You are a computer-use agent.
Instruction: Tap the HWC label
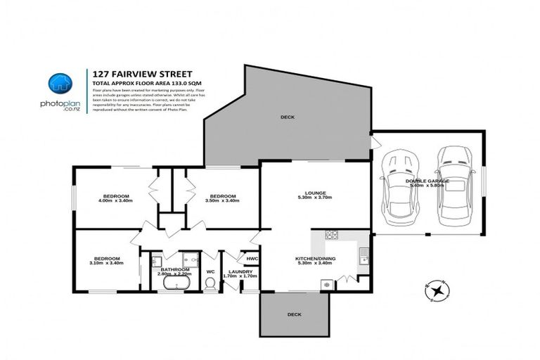[250, 257]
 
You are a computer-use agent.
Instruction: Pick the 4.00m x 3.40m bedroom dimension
[117, 200]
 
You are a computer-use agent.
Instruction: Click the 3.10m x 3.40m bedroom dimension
[107, 263]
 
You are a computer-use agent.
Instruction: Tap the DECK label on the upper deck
[287, 117]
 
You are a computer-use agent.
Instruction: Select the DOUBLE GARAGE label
[427, 181]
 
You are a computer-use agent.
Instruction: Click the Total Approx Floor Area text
[135, 82]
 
